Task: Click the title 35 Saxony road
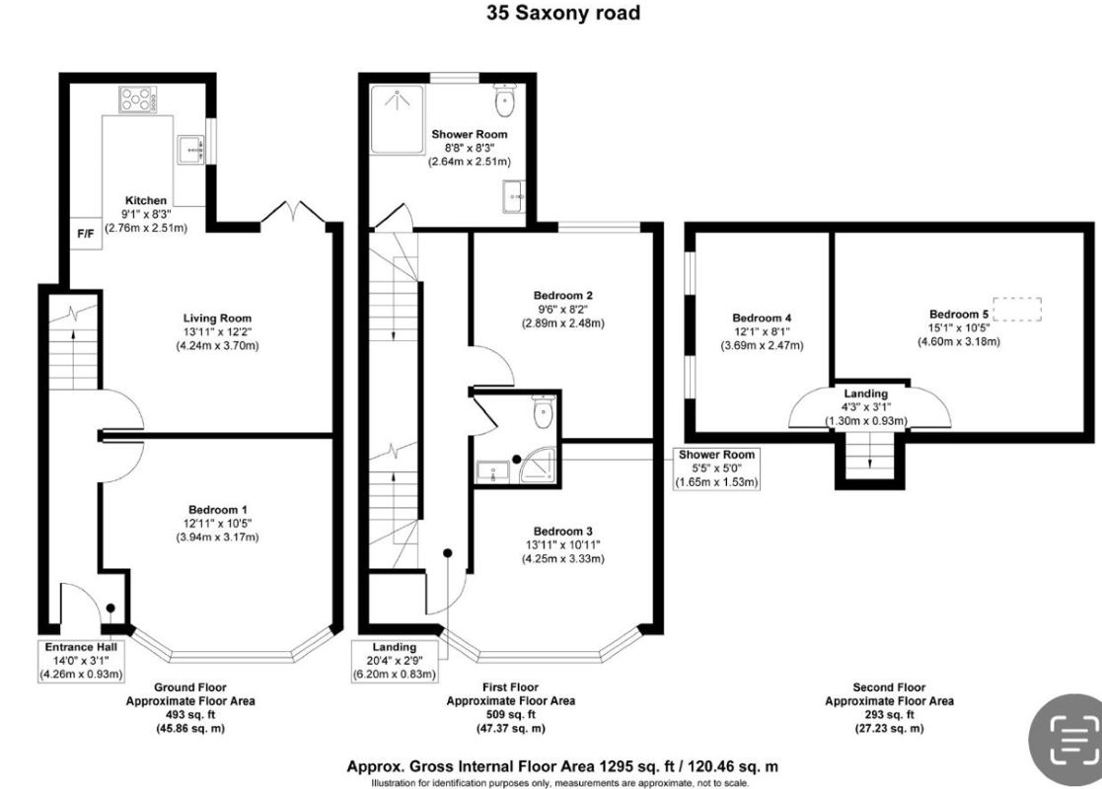coord(563,13)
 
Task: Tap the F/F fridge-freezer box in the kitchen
coord(86,234)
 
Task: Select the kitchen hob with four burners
coord(138,99)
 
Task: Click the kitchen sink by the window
coord(190,149)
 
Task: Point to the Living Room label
coord(217,319)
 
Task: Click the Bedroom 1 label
coord(218,509)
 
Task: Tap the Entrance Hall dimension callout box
coord(82,661)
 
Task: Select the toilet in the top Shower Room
coord(505,100)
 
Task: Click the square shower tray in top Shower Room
coord(398,118)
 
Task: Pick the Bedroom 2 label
coord(563,295)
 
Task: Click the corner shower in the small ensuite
coord(539,466)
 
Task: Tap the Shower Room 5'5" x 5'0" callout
coord(716,468)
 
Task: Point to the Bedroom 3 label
coord(563,532)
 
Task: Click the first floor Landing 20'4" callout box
coord(395,661)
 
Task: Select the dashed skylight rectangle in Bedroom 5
coord(1018,309)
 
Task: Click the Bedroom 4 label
coord(762,318)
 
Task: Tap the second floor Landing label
coord(866,394)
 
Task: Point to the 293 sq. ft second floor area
coord(889,714)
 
